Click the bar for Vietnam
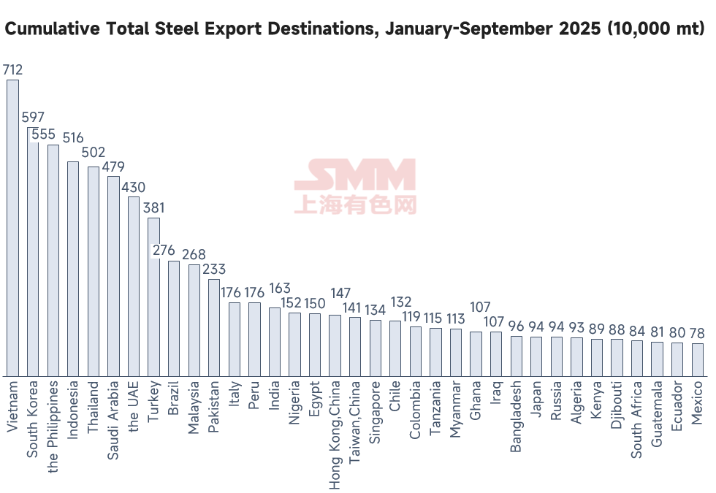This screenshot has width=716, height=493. (12, 228)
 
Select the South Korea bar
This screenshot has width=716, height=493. (33, 252)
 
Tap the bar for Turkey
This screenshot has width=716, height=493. (153, 297)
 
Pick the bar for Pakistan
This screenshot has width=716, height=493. (214, 327)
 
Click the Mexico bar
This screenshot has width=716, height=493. (697, 360)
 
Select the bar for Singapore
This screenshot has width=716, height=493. (376, 348)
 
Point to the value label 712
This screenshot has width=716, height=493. (13, 70)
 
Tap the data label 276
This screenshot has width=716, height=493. (164, 251)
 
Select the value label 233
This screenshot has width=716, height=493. (214, 270)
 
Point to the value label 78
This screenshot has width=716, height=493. (697, 333)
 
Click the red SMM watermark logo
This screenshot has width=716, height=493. (355, 186)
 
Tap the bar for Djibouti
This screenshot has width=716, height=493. (617, 358)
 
